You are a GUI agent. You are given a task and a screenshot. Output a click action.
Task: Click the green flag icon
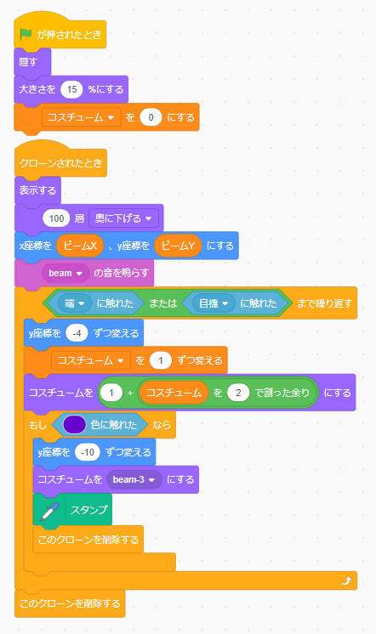pyautogui.click(x=26, y=34)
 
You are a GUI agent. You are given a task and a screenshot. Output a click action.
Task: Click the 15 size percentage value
pyautogui.click(x=71, y=89)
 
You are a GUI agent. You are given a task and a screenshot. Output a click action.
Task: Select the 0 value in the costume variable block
pyautogui.click(x=151, y=117)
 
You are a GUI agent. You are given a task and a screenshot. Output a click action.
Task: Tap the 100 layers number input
pyautogui.click(x=56, y=218)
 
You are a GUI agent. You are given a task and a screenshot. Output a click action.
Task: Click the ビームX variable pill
pyautogui.click(x=80, y=246)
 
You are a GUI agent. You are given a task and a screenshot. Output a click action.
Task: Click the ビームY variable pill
pyautogui.click(x=178, y=246)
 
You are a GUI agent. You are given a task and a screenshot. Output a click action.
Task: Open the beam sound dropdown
pyautogui.click(x=66, y=273)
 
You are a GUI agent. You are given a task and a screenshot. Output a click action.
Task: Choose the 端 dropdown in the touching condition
pyautogui.click(x=75, y=303)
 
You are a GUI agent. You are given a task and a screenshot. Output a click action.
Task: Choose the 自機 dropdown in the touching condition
pyautogui.click(x=214, y=303)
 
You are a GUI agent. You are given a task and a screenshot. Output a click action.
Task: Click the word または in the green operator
pyautogui.click(x=162, y=303)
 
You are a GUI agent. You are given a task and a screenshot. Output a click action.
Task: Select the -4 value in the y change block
pyautogui.click(x=77, y=333)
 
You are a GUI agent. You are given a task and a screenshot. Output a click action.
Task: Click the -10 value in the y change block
pyautogui.click(x=88, y=452)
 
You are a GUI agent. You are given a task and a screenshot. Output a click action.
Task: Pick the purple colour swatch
pyautogui.click(x=75, y=425)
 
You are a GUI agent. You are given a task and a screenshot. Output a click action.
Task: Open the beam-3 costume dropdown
pyautogui.click(x=134, y=479)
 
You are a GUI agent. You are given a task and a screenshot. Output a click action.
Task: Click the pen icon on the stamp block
pyautogui.click(x=49, y=510)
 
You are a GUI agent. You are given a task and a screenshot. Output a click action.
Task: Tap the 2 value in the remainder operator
pyautogui.click(x=238, y=393)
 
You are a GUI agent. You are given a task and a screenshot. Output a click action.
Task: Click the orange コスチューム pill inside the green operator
pyautogui.click(x=174, y=393)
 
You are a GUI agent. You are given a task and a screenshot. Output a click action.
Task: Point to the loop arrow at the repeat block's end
pyautogui.click(x=346, y=581)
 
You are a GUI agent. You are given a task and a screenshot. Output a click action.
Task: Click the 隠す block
pyautogui.click(x=32, y=62)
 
